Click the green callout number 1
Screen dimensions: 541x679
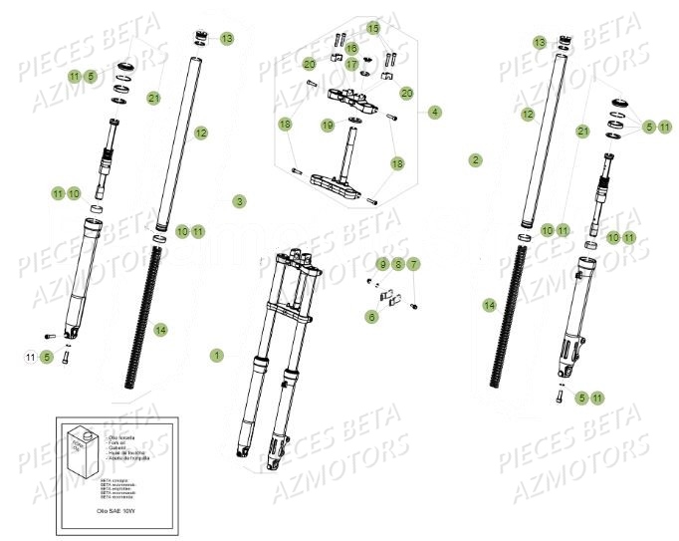pyautogui.click(x=217, y=355)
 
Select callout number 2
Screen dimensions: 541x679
pyautogui.click(x=476, y=159)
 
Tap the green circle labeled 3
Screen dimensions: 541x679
pyautogui.click(x=239, y=201)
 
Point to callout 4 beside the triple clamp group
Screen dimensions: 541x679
pyautogui.click(x=435, y=113)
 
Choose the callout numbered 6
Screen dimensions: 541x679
pyautogui.click(x=372, y=316)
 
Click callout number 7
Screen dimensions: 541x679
pyautogui.click(x=414, y=264)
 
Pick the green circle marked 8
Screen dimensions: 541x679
pyautogui.click(x=398, y=264)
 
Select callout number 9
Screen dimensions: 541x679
pyautogui.click(x=382, y=264)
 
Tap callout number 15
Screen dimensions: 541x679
pyautogui.click(x=373, y=28)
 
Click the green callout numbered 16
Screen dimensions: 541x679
pyautogui.click(x=351, y=47)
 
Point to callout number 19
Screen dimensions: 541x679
pyautogui.click(x=328, y=125)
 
